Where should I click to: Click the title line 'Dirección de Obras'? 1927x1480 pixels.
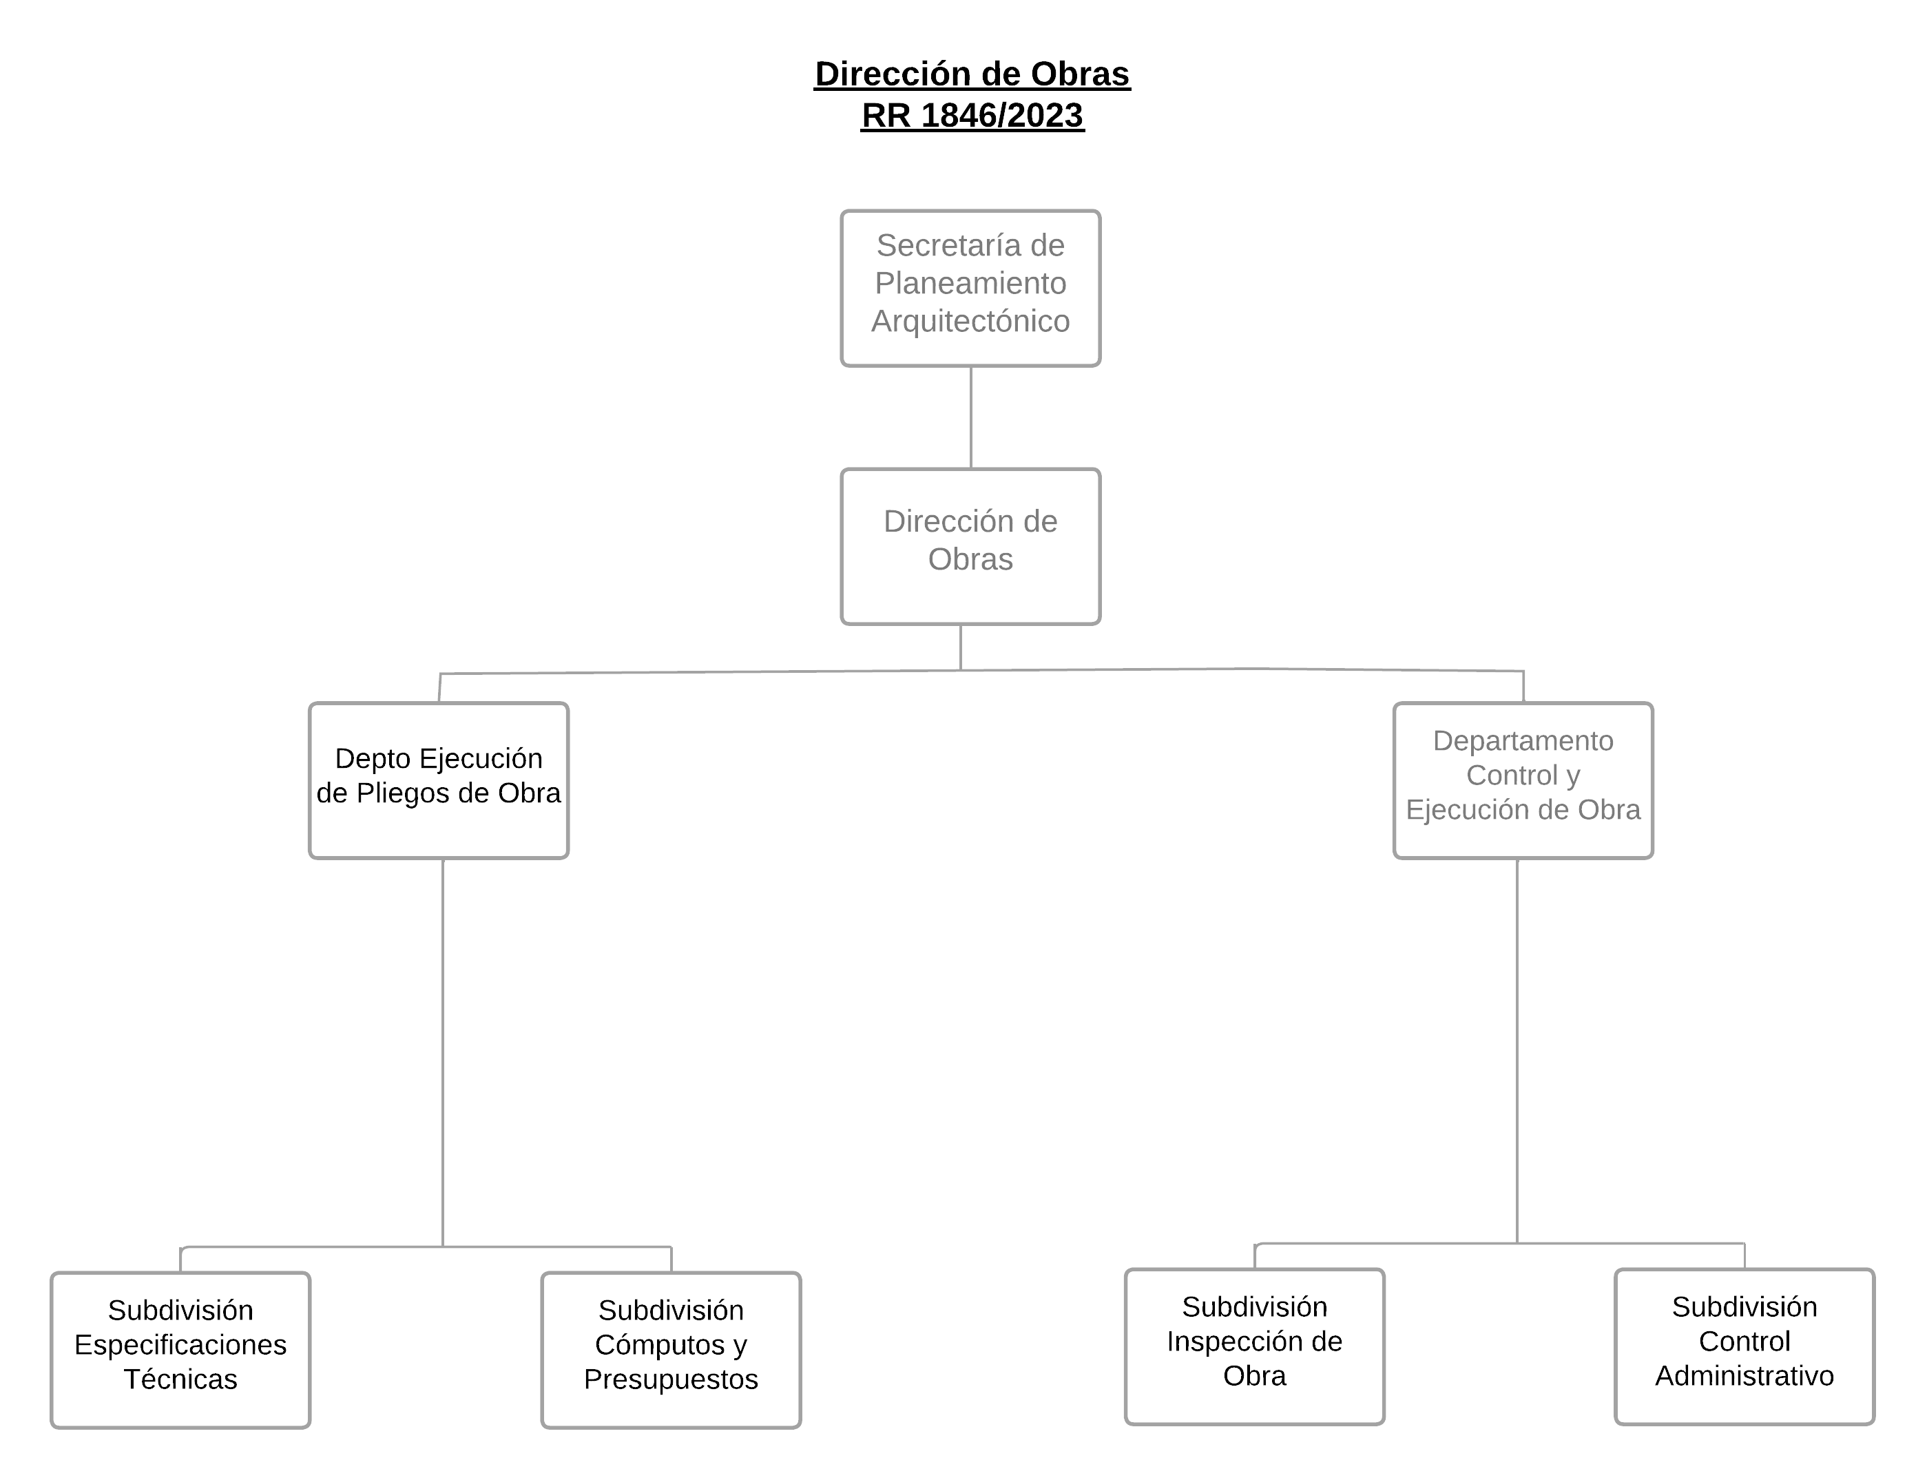pos(972,74)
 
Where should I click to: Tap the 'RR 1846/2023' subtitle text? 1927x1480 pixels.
pos(972,116)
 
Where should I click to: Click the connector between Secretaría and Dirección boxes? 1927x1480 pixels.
pos(970,417)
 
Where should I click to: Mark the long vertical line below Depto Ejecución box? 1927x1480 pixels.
pos(442,1053)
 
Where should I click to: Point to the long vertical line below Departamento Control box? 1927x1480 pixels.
pos(1517,1051)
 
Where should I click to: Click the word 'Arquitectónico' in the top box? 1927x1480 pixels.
pos(970,322)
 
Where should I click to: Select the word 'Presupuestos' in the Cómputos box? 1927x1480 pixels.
pos(671,1379)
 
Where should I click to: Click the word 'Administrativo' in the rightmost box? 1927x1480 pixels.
pos(1744,1375)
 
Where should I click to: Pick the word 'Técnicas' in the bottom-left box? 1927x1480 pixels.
pos(180,1379)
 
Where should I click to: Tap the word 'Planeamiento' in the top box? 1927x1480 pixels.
pos(970,284)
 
